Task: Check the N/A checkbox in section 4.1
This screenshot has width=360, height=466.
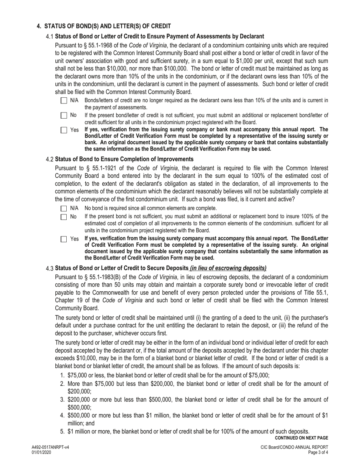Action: pyautogui.click(x=64, y=101)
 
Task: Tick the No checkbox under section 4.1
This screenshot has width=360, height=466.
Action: pyautogui.click(x=64, y=116)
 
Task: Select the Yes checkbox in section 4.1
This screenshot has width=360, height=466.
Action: pyautogui.click(x=64, y=130)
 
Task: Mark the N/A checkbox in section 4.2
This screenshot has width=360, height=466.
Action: pyautogui.click(x=64, y=208)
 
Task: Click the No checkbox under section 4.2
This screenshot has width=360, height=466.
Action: pyautogui.click(x=64, y=217)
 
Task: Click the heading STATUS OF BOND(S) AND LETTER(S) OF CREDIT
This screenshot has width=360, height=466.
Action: pyautogui.click(x=108, y=26)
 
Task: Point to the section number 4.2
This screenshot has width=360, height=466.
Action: pyautogui.click(x=50, y=159)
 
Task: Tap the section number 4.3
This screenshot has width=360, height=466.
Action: pyautogui.click(x=50, y=269)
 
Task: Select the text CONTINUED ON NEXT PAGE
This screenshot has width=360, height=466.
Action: pyautogui.click(x=301, y=438)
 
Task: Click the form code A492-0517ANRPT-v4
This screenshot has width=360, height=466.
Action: pyautogui.click(x=50, y=447)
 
